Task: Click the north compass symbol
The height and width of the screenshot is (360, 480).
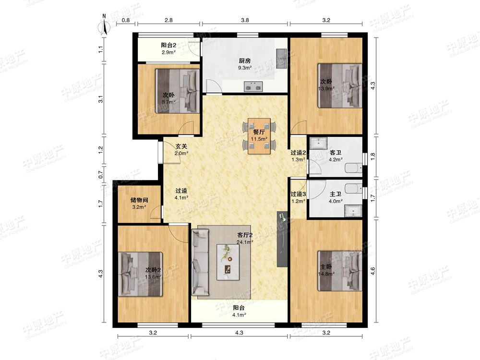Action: (104, 26)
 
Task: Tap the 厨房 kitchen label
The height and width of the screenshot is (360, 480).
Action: (245, 60)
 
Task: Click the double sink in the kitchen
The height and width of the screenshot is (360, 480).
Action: (253, 86)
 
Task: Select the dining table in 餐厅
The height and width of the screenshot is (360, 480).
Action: (259, 136)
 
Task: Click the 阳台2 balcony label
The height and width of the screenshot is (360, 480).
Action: (168, 45)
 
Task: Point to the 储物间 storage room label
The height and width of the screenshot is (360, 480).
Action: (139, 200)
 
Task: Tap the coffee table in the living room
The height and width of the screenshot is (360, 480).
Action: (228, 262)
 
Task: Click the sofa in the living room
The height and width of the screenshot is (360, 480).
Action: (200, 263)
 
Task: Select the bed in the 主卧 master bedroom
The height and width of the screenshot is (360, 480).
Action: (340, 271)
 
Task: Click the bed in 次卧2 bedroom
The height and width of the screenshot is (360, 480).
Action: (140, 274)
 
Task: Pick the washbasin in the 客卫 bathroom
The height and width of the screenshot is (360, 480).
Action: (318, 143)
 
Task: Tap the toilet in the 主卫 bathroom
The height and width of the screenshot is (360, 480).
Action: (353, 188)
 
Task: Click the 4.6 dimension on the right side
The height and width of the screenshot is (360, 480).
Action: (372, 271)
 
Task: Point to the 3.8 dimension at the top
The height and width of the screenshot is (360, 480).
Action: (245, 20)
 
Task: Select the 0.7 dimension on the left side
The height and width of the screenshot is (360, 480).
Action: (101, 175)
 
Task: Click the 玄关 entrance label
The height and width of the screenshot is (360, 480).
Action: (181, 146)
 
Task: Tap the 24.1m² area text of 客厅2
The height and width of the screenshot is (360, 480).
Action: (245, 242)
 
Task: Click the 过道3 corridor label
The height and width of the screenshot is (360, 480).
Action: (298, 194)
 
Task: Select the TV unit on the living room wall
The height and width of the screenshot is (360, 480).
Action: (282, 239)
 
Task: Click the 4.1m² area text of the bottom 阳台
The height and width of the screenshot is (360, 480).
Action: (239, 315)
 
